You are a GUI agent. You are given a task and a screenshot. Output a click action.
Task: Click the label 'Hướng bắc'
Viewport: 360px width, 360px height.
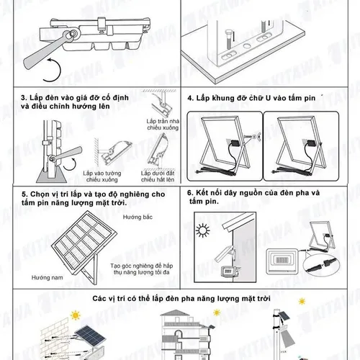point(138,217)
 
